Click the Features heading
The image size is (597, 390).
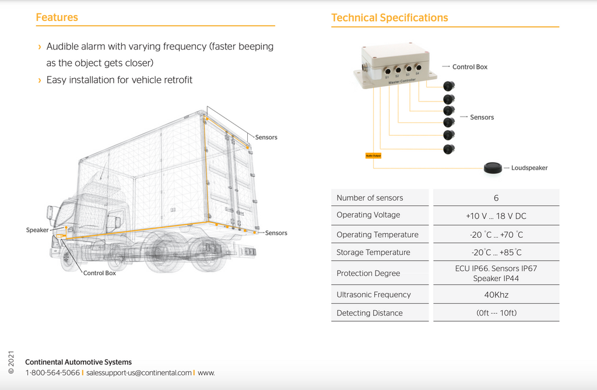(x=57, y=17)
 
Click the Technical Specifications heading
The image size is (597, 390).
(x=389, y=18)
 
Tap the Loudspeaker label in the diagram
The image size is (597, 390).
(x=529, y=168)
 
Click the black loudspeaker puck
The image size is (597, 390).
(x=493, y=168)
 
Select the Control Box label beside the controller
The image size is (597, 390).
(x=469, y=67)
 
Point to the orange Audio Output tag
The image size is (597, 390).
(x=373, y=156)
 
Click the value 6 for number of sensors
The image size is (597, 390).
(x=496, y=198)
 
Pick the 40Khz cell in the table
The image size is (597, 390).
(x=496, y=295)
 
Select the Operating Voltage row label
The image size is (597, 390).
(x=368, y=215)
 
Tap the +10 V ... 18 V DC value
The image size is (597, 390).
(x=496, y=216)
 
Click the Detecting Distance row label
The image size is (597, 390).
(x=370, y=313)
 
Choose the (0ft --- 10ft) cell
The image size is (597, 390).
(x=496, y=313)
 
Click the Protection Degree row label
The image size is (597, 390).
(x=368, y=273)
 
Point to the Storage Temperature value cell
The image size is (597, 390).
(x=496, y=252)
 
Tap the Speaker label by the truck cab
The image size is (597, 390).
(x=37, y=230)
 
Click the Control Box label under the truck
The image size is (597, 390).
(x=100, y=273)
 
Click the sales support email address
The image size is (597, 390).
(x=139, y=373)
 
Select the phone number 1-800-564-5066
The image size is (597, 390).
(x=52, y=373)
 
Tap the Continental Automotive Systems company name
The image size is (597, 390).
(x=78, y=362)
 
